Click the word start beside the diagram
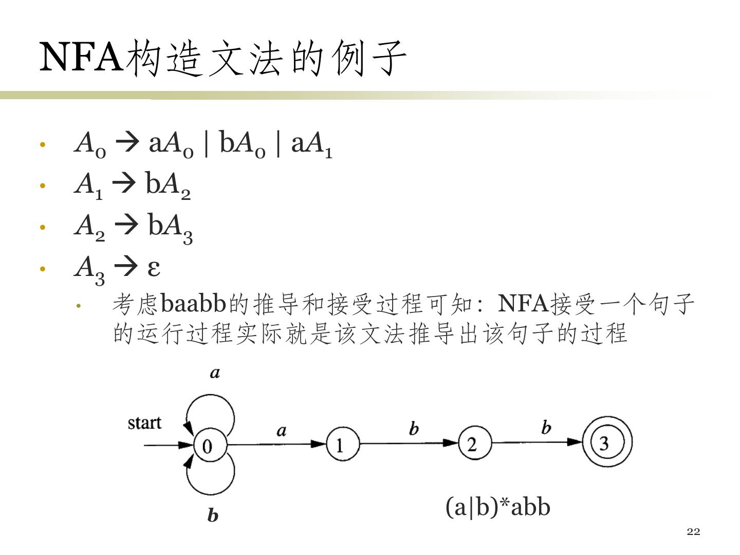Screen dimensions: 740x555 click(x=144, y=423)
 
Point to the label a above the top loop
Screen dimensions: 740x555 click(x=215, y=373)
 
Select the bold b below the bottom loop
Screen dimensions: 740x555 click(x=213, y=515)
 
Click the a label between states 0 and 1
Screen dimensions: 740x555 click(x=281, y=430)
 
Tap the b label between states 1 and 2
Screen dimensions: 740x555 click(x=414, y=428)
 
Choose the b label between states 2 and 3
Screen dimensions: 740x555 click(x=546, y=427)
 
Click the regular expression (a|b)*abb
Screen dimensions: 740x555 click(x=497, y=507)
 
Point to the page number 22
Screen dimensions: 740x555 click(x=693, y=531)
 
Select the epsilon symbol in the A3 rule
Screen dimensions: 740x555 click(x=153, y=267)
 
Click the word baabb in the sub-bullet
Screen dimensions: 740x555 click(x=193, y=304)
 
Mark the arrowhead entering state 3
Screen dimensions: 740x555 click(x=576, y=442)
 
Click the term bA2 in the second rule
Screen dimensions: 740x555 click(x=168, y=185)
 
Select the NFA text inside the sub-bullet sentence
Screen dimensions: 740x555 click(x=523, y=304)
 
